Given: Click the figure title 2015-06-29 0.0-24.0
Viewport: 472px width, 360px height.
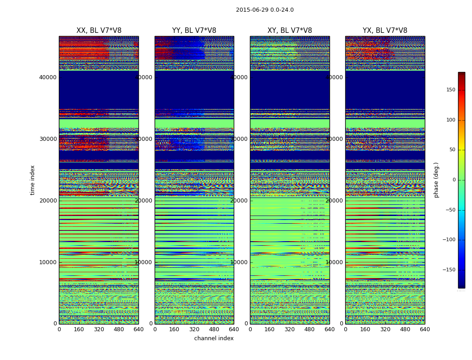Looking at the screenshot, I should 265,10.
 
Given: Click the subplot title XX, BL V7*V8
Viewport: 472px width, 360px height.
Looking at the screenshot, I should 99,31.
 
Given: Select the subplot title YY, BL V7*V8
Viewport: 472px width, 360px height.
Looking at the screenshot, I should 194,31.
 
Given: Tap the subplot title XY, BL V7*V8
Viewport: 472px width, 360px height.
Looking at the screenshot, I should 289,31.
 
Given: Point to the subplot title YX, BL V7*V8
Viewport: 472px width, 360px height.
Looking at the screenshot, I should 385,31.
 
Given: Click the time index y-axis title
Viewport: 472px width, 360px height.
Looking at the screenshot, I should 32,180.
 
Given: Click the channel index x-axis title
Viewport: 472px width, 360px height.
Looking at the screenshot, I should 214,338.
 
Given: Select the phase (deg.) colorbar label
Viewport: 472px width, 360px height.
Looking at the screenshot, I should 436,180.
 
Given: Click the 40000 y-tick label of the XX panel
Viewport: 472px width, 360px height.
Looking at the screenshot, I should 48,77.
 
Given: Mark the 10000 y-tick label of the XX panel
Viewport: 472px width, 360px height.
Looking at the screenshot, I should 48,262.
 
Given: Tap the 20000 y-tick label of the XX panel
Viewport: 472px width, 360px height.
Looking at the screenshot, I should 48,201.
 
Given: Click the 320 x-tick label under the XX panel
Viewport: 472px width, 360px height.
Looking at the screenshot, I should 99,329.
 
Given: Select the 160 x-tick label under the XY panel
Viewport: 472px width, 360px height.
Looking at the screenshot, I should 270,329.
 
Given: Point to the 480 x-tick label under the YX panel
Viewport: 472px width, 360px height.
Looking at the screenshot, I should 405,329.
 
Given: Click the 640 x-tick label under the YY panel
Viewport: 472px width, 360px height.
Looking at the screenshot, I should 234,329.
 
